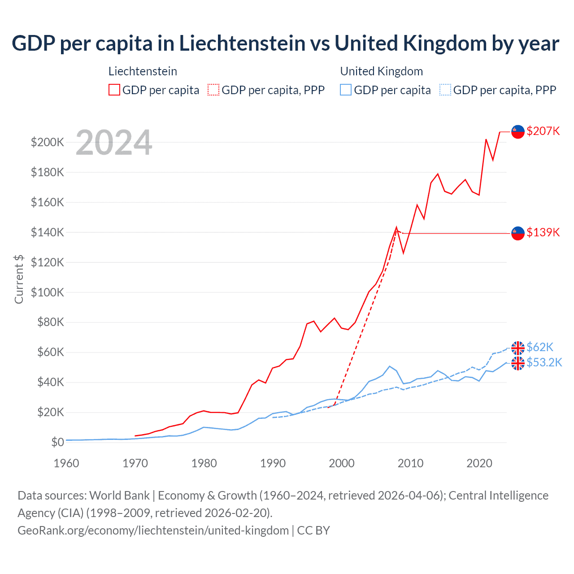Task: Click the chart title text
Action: (x=286, y=43)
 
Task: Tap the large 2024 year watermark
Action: (x=114, y=143)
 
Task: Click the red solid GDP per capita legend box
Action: (x=114, y=90)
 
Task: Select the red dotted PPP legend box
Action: (x=213, y=90)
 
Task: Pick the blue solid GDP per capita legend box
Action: (x=346, y=90)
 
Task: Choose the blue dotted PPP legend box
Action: (x=445, y=90)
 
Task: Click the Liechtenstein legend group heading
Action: (x=143, y=71)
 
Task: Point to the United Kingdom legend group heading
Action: (x=381, y=71)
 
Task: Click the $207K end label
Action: (x=543, y=131)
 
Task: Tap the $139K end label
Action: (x=543, y=232)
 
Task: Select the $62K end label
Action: (x=540, y=347)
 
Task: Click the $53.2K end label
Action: (x=544, y=362)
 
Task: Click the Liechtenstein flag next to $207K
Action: (x=518, y=131)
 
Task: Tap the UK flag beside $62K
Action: (x=518, y=348)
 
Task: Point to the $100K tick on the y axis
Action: (x=48, y=292)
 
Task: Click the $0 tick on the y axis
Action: (x=57, y=442)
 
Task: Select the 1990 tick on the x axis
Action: (x=273, y=463)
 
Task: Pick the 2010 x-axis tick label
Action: (x=410, y=463)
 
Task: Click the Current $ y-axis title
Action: (x=19, y=279)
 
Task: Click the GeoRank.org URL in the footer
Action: (x=153, y=531)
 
